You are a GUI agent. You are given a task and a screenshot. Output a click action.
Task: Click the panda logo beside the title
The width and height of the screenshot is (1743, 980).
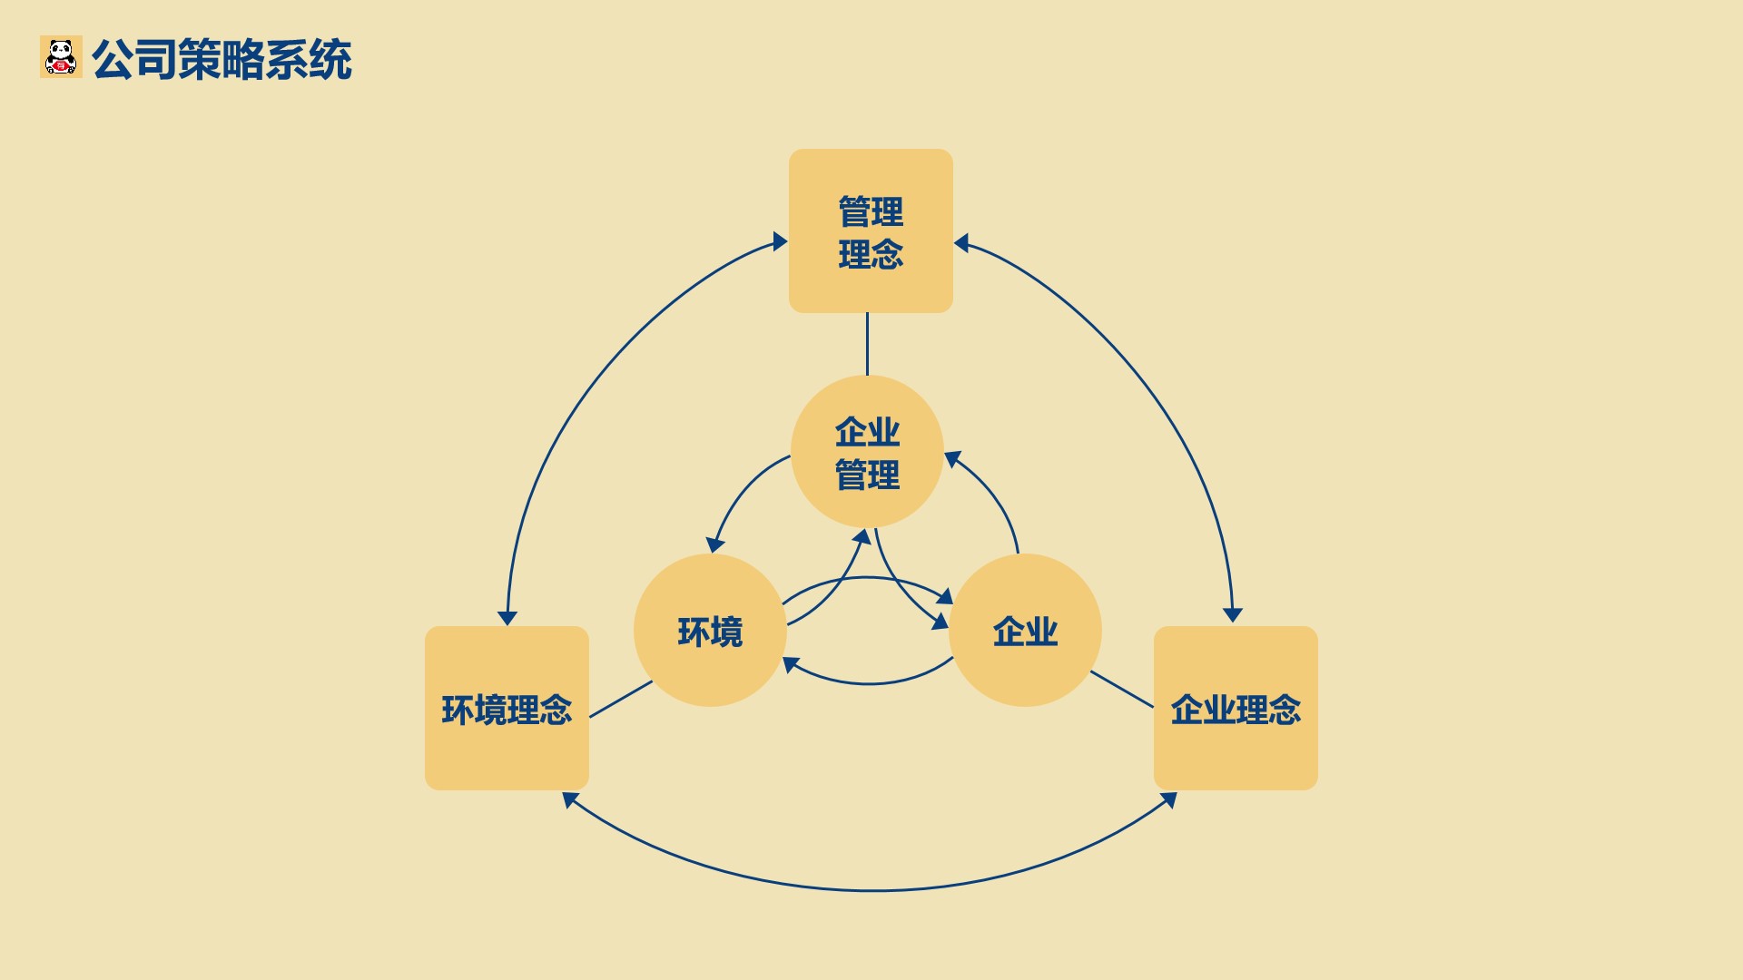pyautogui.click(x=61, y=56)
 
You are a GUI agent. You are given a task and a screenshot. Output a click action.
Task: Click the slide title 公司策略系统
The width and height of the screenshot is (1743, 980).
pyautogui.click(x=222, y=60)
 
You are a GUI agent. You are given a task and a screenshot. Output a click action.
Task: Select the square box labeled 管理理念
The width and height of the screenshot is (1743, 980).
pyautogui.click(x=871, y=230)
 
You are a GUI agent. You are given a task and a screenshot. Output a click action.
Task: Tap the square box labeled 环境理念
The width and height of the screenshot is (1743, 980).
pyautogui.click(x=507, y=708)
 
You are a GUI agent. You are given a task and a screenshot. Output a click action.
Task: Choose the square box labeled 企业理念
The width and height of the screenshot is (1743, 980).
pyautogui.click(x=1236, y=708)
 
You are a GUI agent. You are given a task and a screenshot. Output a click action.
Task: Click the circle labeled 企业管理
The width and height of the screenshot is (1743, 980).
pyautogui.click(x=867, y=452)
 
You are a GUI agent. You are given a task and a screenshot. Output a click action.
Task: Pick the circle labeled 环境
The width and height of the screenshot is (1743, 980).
pyautogui.click(x=710, y=631)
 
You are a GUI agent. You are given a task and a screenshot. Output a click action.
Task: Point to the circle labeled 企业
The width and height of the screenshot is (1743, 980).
pyautogui.click(x=1025, y=631)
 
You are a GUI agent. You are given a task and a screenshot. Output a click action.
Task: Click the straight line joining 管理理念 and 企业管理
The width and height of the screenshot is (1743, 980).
pyautogui.click(x=867, y=344)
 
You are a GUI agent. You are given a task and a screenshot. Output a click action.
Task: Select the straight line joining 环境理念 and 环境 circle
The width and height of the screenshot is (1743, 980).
pyautogui.click(x=621, y=700)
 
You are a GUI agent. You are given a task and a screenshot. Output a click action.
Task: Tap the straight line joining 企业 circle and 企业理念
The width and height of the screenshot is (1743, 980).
pyautogui.click(x=1122, y=690)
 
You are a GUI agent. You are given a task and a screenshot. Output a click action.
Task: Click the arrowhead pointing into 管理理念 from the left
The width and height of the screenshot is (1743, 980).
pyautogui.click(x=779, y=241)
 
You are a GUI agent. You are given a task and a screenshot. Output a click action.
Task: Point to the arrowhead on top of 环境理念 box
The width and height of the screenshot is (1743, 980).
pyautogui.click(x=507, y=618)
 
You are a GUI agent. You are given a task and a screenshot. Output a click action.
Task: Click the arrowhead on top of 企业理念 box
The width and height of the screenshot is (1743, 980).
pyautogui.click(x=1233, y=614)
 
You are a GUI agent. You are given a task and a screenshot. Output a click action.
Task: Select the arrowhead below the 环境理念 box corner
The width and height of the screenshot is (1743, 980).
pyautogui.click(x=570, y=799)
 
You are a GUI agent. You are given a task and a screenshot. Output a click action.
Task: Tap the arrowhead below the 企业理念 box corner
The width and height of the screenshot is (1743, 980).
pyautogui.click(x=1169, y=799)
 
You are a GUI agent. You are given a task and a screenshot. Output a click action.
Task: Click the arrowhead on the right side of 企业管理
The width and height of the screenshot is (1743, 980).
pyautogui.click(x=953, y=459)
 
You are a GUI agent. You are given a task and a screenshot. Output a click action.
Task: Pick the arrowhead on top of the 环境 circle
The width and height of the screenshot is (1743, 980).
pyautogui.click(x=715, y=544)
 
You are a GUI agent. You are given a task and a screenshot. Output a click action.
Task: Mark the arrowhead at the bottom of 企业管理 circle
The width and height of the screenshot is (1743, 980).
pyautogui.click(x=862, y=537)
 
